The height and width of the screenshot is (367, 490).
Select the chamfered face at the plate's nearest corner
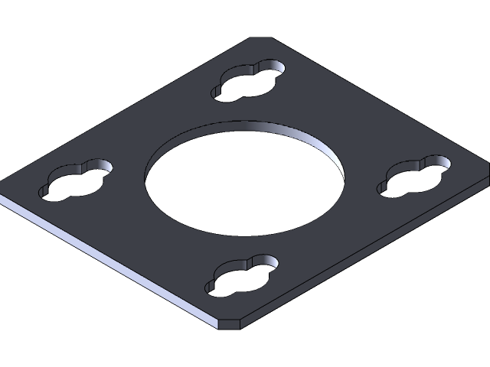tap(229, 323)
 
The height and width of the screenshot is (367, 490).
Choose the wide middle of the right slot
tap(415, 177)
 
